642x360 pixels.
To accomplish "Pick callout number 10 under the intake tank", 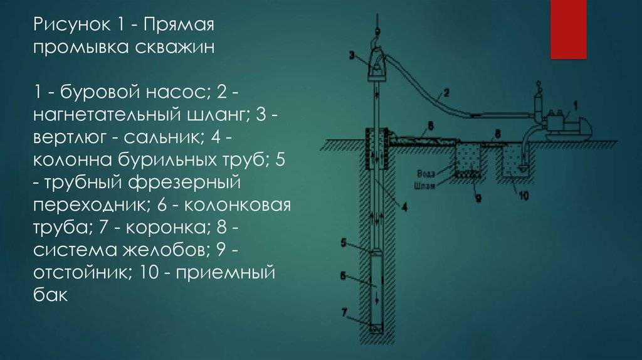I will (x=524, y=195).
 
